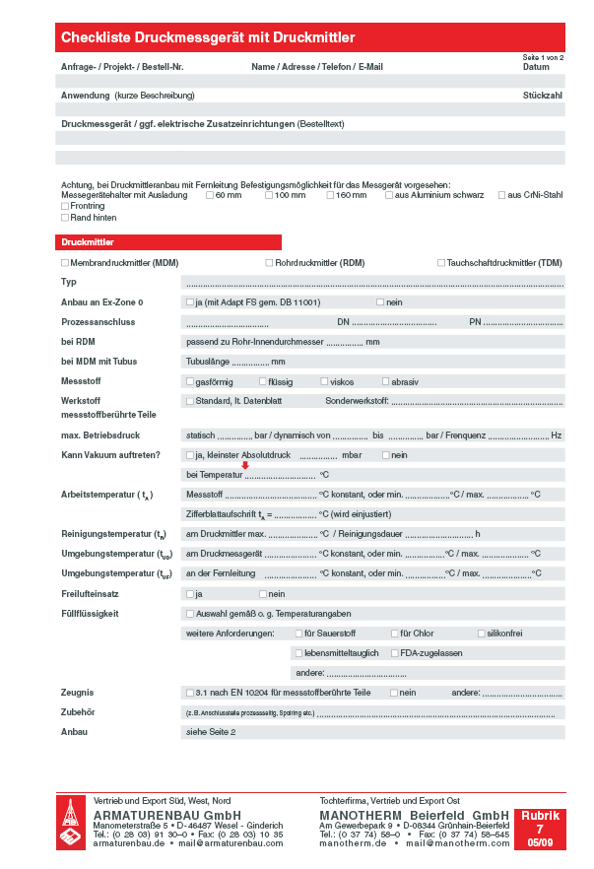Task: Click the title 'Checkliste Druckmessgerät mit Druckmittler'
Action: pos(208,37)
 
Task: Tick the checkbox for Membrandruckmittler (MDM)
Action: pos(65,263)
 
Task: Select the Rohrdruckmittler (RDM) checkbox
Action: pos(268,263)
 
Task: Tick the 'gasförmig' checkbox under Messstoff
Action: pos(190,381)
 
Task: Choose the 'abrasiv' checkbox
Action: pos(385,381)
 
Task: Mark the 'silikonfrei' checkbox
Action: pos(481,633)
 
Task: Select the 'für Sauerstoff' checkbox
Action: pos(297,633)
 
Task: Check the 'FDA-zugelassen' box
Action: pos(394,652)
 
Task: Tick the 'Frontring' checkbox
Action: pos(65,206)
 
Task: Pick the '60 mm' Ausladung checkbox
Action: pos(210,195)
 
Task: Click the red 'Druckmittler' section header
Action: pos(168,241)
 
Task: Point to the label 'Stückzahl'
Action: pos(543,96)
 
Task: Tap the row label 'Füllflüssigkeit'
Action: pos(90,613)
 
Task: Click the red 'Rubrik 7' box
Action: pos(540,829)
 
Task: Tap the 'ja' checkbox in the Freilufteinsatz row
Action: pos(190,594)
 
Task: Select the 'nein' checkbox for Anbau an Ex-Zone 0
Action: pos(380,301)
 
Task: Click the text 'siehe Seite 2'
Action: pos(211,732)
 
